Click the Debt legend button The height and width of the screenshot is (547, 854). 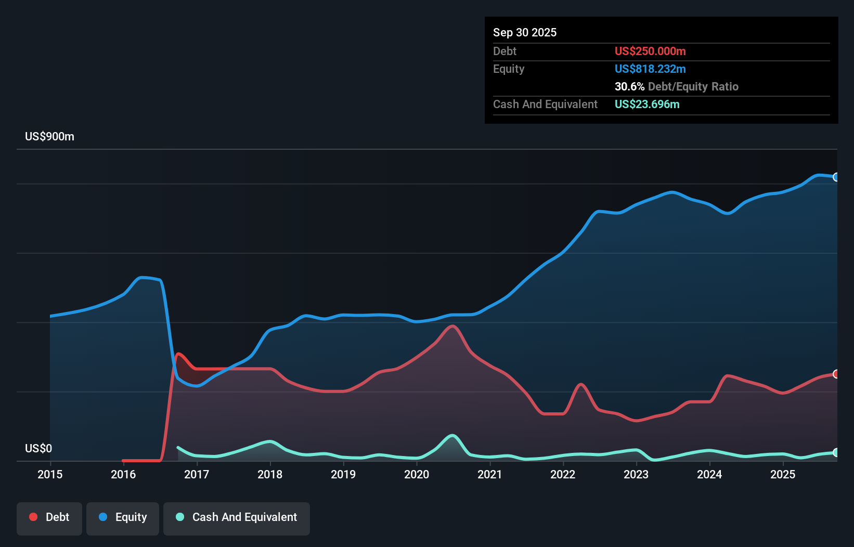pyautogui.click(x=49, y=517)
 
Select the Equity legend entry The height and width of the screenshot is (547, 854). pyautogui.click(x=123, y=517)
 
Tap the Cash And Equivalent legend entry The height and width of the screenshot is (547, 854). pyautogui.click(x=237, y=517)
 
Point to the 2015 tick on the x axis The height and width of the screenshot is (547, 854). pyautogui.click(x=50, y=474)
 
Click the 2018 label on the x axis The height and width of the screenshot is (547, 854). pyautogui.click(x=270, y=474)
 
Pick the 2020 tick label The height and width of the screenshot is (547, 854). pyautogui.click(x=417, y=474)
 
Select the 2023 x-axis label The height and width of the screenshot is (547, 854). pyautogui.click(x=636, y=474)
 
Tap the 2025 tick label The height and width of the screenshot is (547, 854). pyautogui.click(x=783, y=474)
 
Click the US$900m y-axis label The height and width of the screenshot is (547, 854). pyautogui.click(x=50, y=137)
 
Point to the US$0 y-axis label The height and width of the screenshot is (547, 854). pyautogui.click(x=38, y=448)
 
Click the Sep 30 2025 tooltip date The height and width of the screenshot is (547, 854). pyautogui.click(x=525, y=32)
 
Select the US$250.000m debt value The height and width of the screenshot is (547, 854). pyautogui.click(x=650, y=51)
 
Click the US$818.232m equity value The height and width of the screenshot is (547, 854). pyautogui.click(x=650, y=69)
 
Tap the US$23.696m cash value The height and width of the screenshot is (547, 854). pyautogui.click(x=647, y=104)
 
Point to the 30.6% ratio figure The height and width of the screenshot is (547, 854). pyautogui.click(x=629, y=86)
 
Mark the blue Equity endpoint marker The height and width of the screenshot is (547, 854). pyautogui.click(x=836, y=177)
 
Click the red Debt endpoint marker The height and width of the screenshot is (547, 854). pyautogui.click(x=836, y=374)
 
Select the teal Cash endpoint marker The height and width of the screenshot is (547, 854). pyautogui.click(x=836, y=452)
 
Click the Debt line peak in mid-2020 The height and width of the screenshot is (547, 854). pyautogui.click(x=452, y=326)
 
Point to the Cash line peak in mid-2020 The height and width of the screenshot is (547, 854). pyautogui.click(x=452, y=435)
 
